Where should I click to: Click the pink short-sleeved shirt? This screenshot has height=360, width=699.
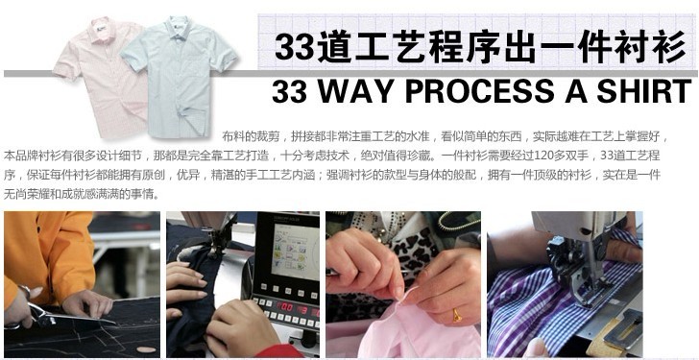point(90,67)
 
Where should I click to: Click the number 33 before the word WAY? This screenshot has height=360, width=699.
point(291,91)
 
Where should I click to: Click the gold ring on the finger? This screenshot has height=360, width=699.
point(457,315)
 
